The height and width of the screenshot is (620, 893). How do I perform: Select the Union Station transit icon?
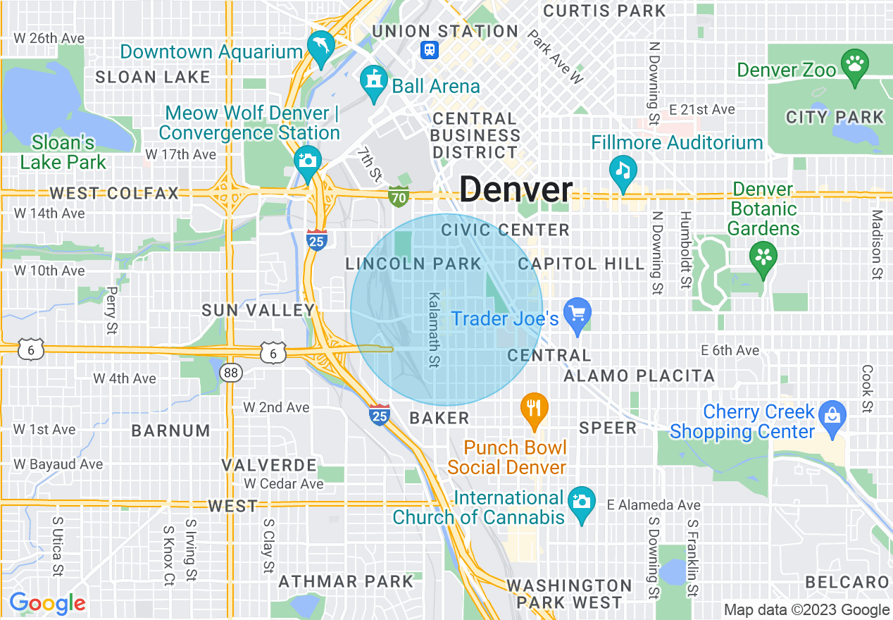[430, 49]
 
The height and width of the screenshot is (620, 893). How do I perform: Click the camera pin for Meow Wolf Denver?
[307, 159]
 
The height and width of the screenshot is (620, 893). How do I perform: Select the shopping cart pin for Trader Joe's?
[577, 314]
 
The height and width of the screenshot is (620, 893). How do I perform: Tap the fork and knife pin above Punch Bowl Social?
[535, 408]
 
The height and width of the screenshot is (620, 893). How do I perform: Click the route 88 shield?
[232, 372]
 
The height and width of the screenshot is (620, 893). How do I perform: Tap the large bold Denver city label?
[516, 190]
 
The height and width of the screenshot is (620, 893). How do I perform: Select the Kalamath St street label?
[435, 330]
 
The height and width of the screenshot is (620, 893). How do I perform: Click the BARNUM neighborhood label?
[171, 430]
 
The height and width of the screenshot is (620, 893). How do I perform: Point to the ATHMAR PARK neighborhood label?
[345, 581]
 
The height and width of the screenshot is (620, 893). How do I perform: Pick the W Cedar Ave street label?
[284, 483]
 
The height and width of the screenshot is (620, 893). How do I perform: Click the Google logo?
[47, 602]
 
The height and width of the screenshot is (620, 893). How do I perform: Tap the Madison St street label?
[876, 244]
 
